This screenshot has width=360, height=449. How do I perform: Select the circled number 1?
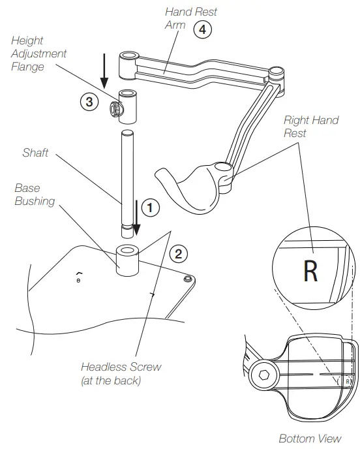[150, 208]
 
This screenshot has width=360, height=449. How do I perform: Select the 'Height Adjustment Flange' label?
[39, 53]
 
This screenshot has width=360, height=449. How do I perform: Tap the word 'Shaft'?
[35, 153]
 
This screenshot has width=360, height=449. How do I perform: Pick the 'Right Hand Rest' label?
[310, 126]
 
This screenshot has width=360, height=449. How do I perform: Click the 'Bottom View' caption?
[310, 438]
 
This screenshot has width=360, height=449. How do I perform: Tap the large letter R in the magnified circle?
[311, 271]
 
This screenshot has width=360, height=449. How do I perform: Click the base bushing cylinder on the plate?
[127, 260]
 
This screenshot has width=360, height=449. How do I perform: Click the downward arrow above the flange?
[103, 72]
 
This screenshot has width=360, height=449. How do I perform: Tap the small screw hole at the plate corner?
[188, 279]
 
